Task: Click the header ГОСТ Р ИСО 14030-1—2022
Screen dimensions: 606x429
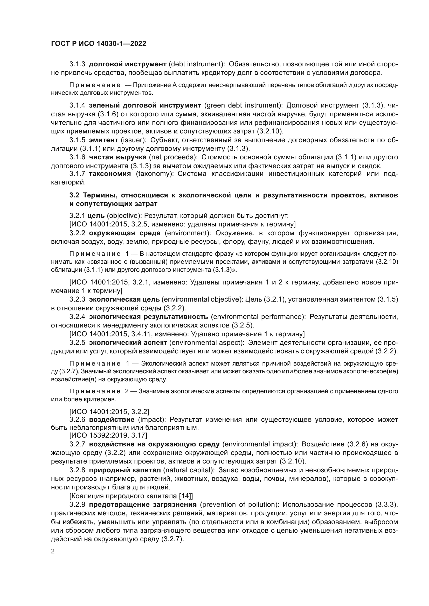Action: click(99, 44)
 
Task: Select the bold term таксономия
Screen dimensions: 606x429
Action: click(110, 174)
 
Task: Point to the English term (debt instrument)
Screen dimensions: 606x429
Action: click(197, 64)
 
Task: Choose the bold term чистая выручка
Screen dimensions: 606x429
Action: click(117, 157)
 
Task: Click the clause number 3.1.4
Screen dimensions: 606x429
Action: click(77, 105)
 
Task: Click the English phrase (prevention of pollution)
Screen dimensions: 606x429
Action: click(240, 504)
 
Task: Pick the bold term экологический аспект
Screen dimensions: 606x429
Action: click(128, 343)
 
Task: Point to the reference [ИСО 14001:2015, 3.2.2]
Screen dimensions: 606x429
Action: click(109, 411)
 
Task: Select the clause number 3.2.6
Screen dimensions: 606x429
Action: click(77, 420)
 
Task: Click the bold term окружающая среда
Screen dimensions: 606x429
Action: click(125, 233)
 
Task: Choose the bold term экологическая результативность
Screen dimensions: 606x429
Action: click(148, 316)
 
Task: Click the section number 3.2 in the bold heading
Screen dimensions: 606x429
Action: click(74, 195)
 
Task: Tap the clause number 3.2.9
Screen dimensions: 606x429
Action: click(77, 504)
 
